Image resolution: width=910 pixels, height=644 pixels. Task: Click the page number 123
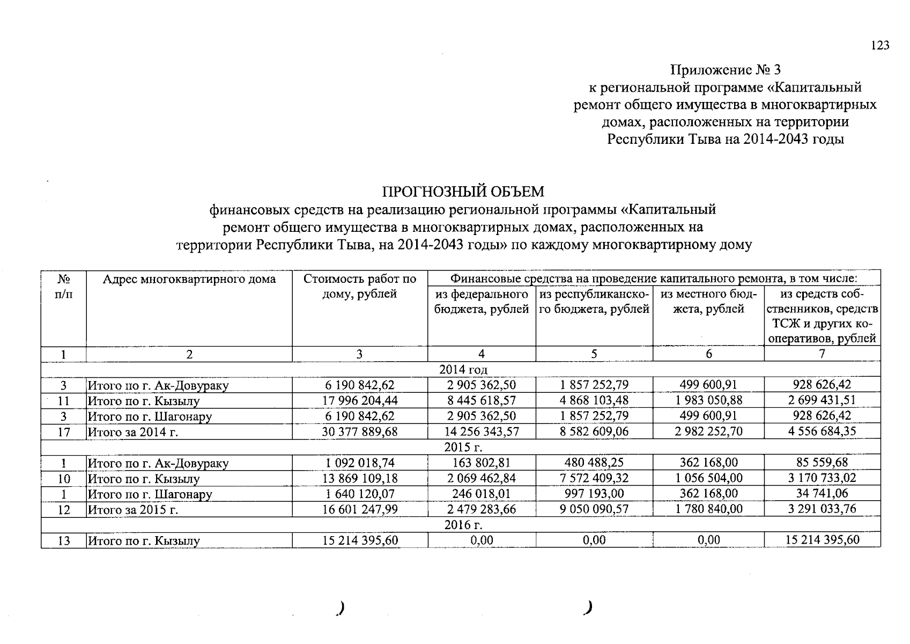tap(879, 46)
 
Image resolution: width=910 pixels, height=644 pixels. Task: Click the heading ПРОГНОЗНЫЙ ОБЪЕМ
tap(463, 192)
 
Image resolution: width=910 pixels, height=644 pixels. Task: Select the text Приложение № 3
tap(726, 70)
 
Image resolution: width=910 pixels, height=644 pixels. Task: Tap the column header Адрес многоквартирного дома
tap(189, 279)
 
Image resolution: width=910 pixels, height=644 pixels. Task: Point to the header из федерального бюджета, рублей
tap(481, 302)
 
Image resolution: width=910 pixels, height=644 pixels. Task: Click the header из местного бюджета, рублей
tap(708, 302)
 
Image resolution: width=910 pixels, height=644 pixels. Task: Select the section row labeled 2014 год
tap(463, 370)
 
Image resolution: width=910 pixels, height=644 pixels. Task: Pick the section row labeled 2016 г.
tap(463, 525)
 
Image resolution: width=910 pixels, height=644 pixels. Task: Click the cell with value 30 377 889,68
tap(360, 431)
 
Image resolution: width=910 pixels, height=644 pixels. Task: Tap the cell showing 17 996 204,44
tap(360, 400)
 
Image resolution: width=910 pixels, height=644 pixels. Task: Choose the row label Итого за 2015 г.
tap(133, 510)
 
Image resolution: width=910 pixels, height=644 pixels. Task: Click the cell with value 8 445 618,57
tap(482, 400)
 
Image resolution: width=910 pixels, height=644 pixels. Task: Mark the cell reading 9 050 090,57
tap(594, 509)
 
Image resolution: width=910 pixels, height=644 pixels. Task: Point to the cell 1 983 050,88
tap(708, 400)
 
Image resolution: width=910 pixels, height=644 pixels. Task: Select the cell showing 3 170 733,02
tap(822, 478)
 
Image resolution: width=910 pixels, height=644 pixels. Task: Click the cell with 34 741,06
tap(822, 494)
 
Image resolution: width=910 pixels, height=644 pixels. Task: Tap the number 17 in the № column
tap(64, 431)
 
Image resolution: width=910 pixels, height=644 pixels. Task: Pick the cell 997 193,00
tap(594, 494)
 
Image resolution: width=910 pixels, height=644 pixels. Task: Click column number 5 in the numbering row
tap(594, 354)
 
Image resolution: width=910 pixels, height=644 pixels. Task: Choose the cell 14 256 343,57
tap(482, 431)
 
